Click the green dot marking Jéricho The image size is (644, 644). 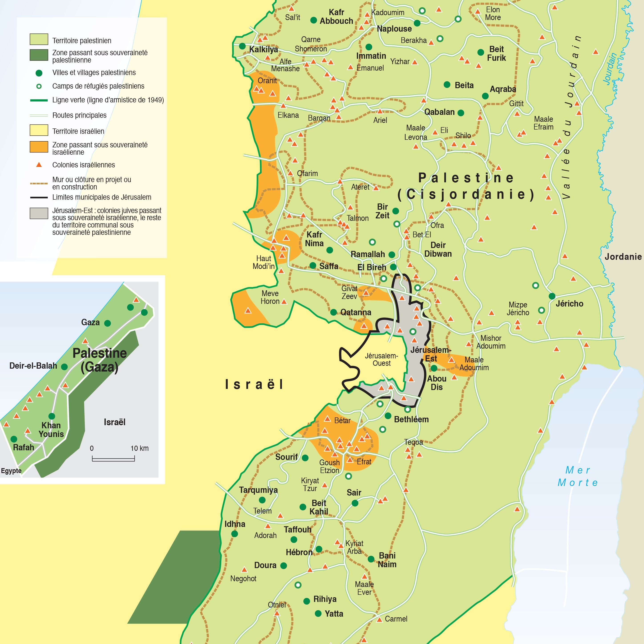552,296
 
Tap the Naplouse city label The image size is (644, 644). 394,29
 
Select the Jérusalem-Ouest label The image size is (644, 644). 381,359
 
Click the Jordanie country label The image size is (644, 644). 623,257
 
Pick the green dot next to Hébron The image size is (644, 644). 319,549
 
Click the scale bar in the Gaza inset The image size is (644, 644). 113,459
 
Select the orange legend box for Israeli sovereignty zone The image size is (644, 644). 39,147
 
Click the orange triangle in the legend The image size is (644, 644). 39,165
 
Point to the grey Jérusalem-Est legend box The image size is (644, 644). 39,213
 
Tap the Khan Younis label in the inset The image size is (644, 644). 51,430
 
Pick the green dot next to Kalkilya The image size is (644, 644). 242,46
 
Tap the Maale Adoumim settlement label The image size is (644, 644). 474,364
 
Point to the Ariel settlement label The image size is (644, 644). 380,120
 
